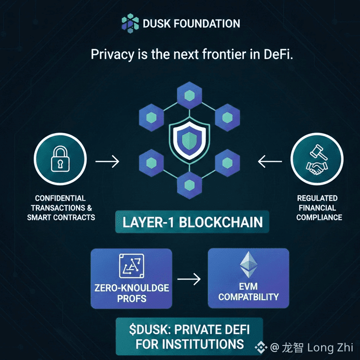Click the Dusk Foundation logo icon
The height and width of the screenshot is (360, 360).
point(130,23)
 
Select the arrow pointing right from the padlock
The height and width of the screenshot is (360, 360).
point(107,162)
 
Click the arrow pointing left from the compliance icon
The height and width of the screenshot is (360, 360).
point(270,162)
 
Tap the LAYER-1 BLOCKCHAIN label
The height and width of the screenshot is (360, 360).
point(193,222)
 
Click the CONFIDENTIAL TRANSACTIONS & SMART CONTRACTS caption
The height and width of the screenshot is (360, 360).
point(60,208)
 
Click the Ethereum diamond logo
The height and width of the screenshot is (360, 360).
point(248,265)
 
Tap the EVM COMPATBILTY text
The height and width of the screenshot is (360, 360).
point(248,291)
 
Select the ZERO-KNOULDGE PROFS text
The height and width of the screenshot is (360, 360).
point(131,292)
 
